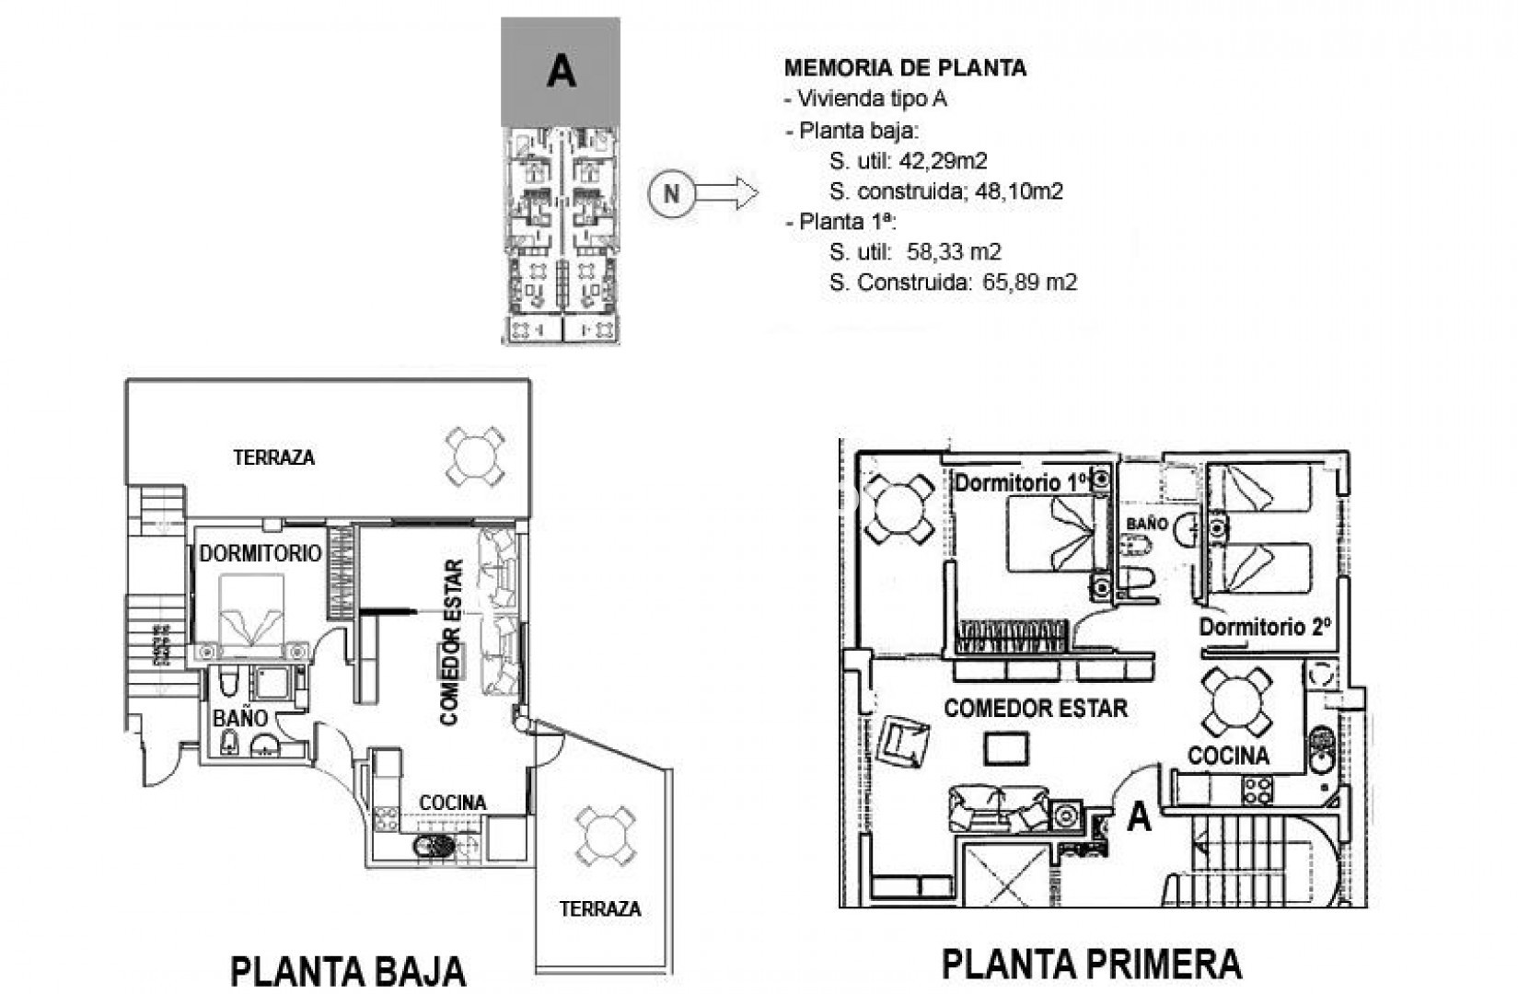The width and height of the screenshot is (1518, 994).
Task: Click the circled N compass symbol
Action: (671, 193)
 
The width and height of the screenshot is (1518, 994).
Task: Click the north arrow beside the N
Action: (726, 193)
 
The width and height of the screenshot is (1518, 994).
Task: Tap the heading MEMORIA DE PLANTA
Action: (905, 67)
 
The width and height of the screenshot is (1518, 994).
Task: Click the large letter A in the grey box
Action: (561, 71)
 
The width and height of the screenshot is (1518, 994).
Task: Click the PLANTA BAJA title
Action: (348, 971)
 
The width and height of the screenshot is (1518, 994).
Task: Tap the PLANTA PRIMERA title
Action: (1092, 964)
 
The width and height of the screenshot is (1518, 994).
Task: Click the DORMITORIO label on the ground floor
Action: (260, 553)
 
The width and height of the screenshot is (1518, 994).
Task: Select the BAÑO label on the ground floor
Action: (240, 717)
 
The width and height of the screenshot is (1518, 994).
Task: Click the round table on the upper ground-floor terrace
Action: (474, 456)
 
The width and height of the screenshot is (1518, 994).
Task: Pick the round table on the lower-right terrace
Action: (604, 836)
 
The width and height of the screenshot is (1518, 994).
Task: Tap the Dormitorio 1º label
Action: (1020, 481)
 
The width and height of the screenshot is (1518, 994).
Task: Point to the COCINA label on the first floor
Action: (1228, 756)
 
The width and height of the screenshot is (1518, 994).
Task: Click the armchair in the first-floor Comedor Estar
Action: (904, 741)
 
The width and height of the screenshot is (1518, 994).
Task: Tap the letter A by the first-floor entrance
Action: (1139, 815)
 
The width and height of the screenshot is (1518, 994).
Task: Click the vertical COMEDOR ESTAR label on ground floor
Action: (450, 642)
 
